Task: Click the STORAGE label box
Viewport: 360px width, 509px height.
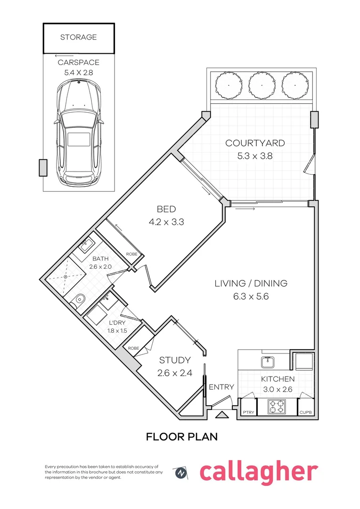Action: tap(78, 37)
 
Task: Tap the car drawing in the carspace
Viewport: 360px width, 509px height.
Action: tap(78, 132)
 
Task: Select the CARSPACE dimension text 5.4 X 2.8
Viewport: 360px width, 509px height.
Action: tap(78, 73)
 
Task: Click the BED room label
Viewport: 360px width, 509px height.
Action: tap(166, 209)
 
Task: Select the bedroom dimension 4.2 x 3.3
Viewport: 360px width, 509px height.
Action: tap(166, 221)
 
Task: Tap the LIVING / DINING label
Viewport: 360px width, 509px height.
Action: tap(251, 284)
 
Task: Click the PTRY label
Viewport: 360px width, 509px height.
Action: tap(248, 412)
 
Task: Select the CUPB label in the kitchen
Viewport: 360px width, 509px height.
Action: tap(305, 412)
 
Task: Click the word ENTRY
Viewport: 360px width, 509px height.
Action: tap(221, 387)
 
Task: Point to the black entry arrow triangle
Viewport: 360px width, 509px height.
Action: tap(221, 415)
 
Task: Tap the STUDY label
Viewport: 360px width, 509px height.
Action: tap(174, 361)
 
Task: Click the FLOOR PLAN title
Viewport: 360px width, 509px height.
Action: tap(182, 437)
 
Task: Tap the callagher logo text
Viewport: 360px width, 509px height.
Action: tap(259, 471)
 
